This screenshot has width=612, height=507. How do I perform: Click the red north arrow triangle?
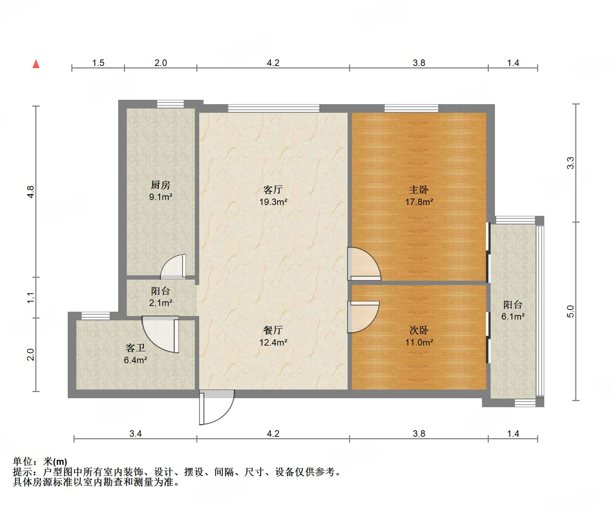pos(36,64)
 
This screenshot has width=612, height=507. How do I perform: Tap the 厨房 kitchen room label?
pos(161,185)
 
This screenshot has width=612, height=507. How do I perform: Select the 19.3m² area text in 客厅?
pos(273,202)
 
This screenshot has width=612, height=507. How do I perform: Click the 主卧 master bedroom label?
pos(419,190)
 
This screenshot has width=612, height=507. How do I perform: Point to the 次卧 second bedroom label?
pos(419,330)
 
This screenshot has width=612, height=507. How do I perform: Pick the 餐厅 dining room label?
pos(273,330)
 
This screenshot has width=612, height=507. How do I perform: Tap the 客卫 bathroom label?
pos(135,348)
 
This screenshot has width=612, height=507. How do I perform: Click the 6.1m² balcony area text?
pos(513,316)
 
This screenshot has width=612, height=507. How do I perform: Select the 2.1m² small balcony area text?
pos(161,303)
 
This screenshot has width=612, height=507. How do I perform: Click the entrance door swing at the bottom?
pos(216,407)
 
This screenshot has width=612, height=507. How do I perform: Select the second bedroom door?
pos(363,316)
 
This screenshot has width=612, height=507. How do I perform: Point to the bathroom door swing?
pos(160,334)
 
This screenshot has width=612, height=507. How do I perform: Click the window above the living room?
pos(273,108)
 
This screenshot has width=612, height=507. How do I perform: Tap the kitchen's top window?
pos(170,104)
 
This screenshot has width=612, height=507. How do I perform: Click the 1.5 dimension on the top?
pos(98,63)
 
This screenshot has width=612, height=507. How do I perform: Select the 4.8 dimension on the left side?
pos(31,192)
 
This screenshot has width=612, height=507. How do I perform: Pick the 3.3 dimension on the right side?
pos(571,163)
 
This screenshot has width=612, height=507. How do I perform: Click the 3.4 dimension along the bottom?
pos(135,433)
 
